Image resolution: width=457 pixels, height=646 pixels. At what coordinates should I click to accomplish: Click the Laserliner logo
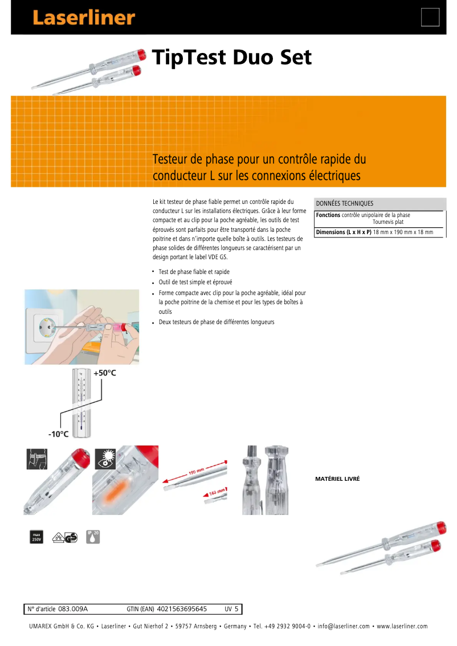(84, 18)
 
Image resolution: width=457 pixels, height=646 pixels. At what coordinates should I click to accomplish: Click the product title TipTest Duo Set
(232, 58)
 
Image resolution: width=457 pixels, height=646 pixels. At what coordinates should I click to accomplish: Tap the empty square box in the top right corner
(430, 17)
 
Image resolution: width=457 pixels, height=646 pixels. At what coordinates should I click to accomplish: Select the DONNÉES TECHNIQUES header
(345, 203)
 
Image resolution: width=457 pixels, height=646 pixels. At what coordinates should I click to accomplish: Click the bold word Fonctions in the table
(328, 215)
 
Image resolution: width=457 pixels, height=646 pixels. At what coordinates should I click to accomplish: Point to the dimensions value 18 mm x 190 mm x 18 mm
(403, 232)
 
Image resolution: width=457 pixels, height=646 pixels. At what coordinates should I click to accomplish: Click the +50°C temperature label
(105, 373)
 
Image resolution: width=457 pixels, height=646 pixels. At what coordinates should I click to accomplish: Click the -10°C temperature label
(58, 434)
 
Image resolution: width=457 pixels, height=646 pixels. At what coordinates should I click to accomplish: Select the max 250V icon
(36, 537)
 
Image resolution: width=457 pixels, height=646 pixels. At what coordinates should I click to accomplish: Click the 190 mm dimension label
(196, 472)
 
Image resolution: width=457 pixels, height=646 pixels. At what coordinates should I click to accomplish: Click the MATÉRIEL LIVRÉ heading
(337, 480)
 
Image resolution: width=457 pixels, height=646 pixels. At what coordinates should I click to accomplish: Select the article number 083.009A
(73, 609)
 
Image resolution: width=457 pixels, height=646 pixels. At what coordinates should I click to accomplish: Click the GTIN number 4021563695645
(181, 609)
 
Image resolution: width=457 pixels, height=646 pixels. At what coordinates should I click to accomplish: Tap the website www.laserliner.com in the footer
(402, 626)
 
